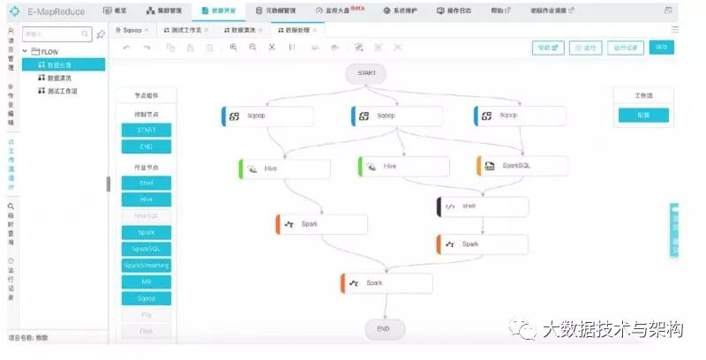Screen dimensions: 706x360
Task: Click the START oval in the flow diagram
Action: pos(366,73)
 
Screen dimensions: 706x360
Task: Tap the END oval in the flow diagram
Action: pos(384,328)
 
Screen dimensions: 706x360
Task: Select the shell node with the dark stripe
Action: pos(482,206)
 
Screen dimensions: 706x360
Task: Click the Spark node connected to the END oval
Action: pos(387,283)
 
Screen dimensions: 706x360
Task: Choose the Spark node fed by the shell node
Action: pos(482,244)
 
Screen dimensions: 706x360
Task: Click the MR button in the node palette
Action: pos(146,281)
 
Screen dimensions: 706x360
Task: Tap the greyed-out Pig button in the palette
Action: pos(146,314)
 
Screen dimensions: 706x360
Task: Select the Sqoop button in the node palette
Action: pos(146,298)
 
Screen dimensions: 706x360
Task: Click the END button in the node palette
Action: pos(146,146)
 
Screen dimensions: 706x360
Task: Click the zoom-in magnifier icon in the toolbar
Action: pos(234,48)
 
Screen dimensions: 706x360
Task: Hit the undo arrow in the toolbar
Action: pos(126,48)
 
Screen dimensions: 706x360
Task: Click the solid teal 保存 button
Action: pos(658,48)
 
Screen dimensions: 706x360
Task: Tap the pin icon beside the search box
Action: pos(101,34)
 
